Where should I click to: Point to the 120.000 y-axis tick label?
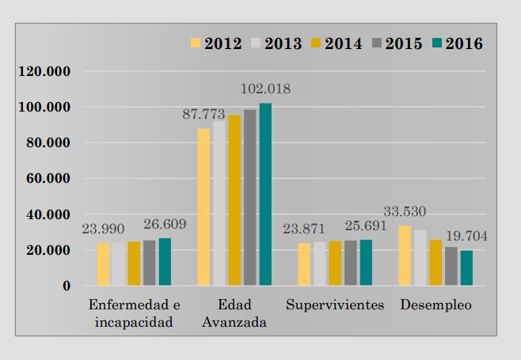coord(45,71)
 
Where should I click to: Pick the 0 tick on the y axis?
coord(67,286)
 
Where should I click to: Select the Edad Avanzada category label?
coord(234,313)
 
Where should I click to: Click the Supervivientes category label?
coord(335,305)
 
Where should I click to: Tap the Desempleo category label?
coord(435,305)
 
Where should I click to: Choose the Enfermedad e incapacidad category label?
coord(134,313)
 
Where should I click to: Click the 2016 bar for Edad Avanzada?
coord(265,194)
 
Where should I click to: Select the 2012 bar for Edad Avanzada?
coord(203,207)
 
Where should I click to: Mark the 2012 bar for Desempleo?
coord(405,256)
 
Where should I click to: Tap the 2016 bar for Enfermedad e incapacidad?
coord(165,261)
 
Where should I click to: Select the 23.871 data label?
coord(305,229)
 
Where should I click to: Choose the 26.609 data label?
coord(165,224)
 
